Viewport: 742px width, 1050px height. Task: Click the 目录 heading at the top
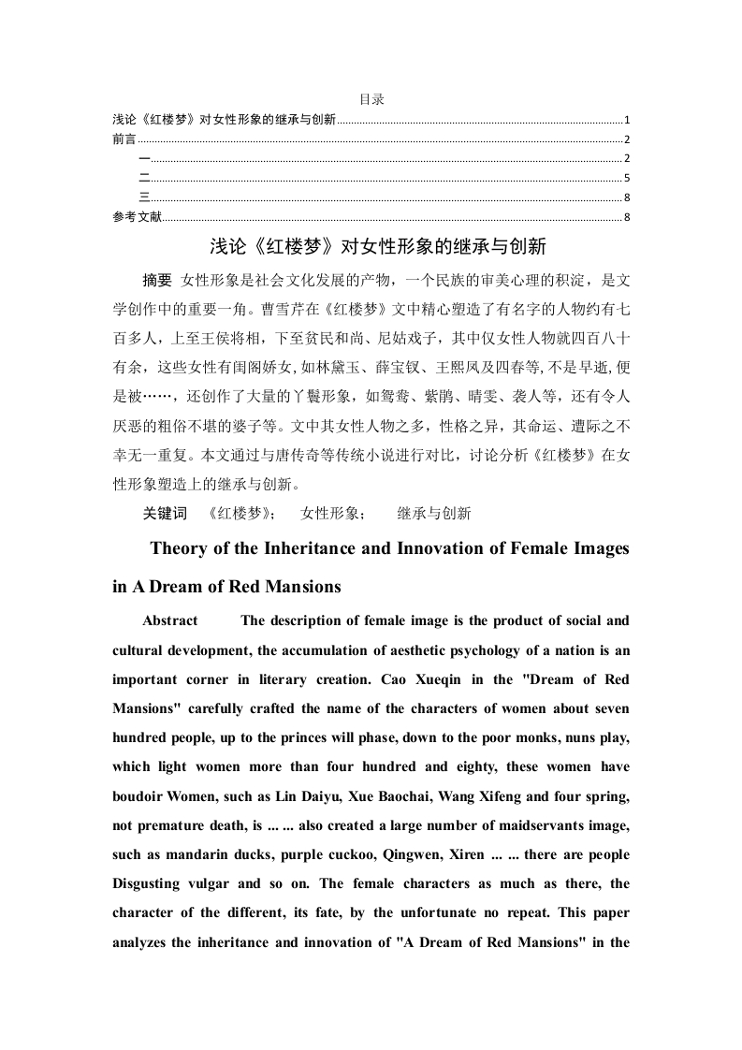click(x=371, y=99)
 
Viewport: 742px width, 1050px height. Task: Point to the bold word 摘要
click(x=157, y=280)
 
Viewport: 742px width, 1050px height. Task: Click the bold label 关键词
click(x=165, y=513)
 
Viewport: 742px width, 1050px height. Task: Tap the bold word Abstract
click(x=170, y=620)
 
